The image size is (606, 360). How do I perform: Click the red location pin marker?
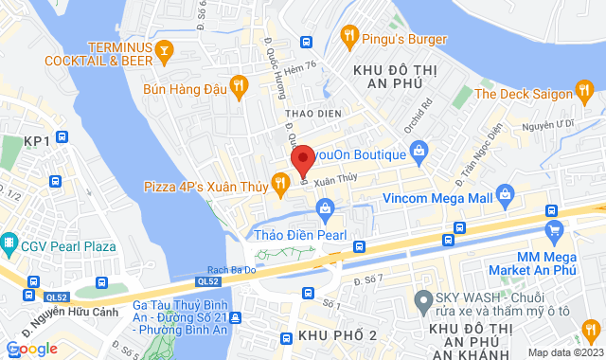click(302, 158)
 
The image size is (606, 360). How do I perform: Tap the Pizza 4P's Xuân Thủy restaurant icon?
click(280, 181)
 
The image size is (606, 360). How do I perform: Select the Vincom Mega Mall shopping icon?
click(504, 198)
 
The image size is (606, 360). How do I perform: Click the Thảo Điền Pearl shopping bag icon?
click(324, 207)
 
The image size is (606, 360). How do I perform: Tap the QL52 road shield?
click(208, 281)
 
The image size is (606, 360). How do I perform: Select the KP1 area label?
click(37, 141)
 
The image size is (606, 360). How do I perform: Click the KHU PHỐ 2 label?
click(337, 336)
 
